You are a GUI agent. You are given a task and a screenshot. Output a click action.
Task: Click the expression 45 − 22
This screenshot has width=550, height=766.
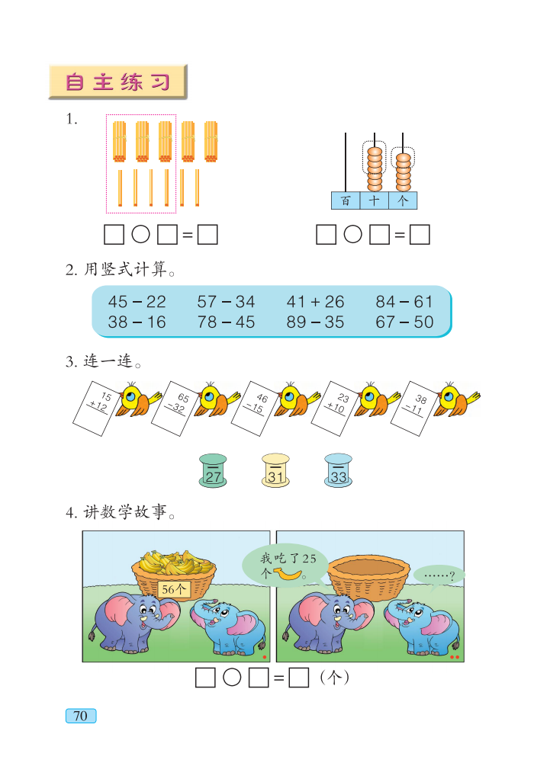click(x=137, y=302)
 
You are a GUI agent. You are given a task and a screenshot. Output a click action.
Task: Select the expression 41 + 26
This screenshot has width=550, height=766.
click(x=315, y=302)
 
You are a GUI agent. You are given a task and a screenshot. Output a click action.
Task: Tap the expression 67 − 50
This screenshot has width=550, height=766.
click(x=404, y=322)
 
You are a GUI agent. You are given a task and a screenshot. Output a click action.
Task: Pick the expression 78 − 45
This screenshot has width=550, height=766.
click(x=226, y=322)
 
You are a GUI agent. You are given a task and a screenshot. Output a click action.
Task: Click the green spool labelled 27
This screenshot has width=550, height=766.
click(x=213, y=470)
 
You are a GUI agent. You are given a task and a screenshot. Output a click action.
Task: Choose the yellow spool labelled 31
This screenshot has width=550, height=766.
click(x=276, y=470)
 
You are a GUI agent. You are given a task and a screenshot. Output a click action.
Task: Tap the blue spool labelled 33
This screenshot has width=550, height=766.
click(x=339, y=470)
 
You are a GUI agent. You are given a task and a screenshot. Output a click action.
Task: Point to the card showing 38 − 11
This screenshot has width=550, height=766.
click(x=417, y=409)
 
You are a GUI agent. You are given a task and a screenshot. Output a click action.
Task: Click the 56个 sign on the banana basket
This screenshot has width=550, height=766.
click(x=175, y=588)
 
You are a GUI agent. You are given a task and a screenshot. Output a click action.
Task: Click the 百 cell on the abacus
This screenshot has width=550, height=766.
click(x=346, y=200)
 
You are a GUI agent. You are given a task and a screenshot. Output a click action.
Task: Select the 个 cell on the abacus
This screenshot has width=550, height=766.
click(x=403, y=200)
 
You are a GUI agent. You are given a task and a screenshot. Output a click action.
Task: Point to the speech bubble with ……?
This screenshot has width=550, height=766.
click(x=438, y=576)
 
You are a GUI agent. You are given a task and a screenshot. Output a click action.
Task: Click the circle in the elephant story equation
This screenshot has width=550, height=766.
click(x=233, y=677)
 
